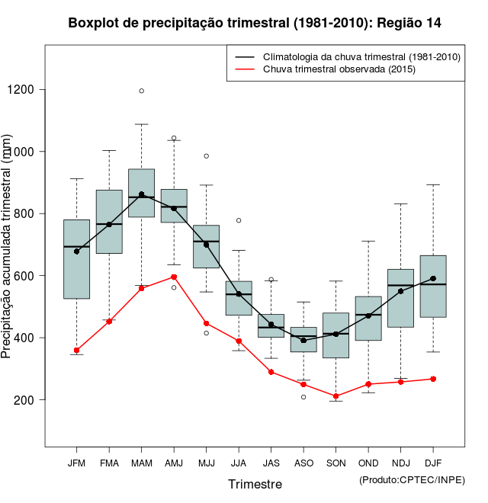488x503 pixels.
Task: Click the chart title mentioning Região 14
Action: tap(255, 23)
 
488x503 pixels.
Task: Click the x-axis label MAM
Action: tap(141, 463)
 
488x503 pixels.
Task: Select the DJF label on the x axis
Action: tap(433, 463)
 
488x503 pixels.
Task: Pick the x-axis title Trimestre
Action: tap(255, 484)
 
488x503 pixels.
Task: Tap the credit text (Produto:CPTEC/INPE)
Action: tap(412, 479)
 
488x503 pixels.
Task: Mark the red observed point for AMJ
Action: tap(174, 277)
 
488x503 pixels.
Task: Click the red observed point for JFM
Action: tap(76, 351)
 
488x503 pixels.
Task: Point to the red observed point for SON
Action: tap(335, 396)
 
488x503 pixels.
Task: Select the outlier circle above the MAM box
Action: tap(141, 91)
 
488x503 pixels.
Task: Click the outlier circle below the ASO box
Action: tap(303, 397)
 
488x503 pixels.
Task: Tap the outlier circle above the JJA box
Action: tap(239, 220)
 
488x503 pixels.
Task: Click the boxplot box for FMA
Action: tap(109, 221)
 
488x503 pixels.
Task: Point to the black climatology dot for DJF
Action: tap(433, 279)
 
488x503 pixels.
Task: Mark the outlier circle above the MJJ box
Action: tap(206, 156)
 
